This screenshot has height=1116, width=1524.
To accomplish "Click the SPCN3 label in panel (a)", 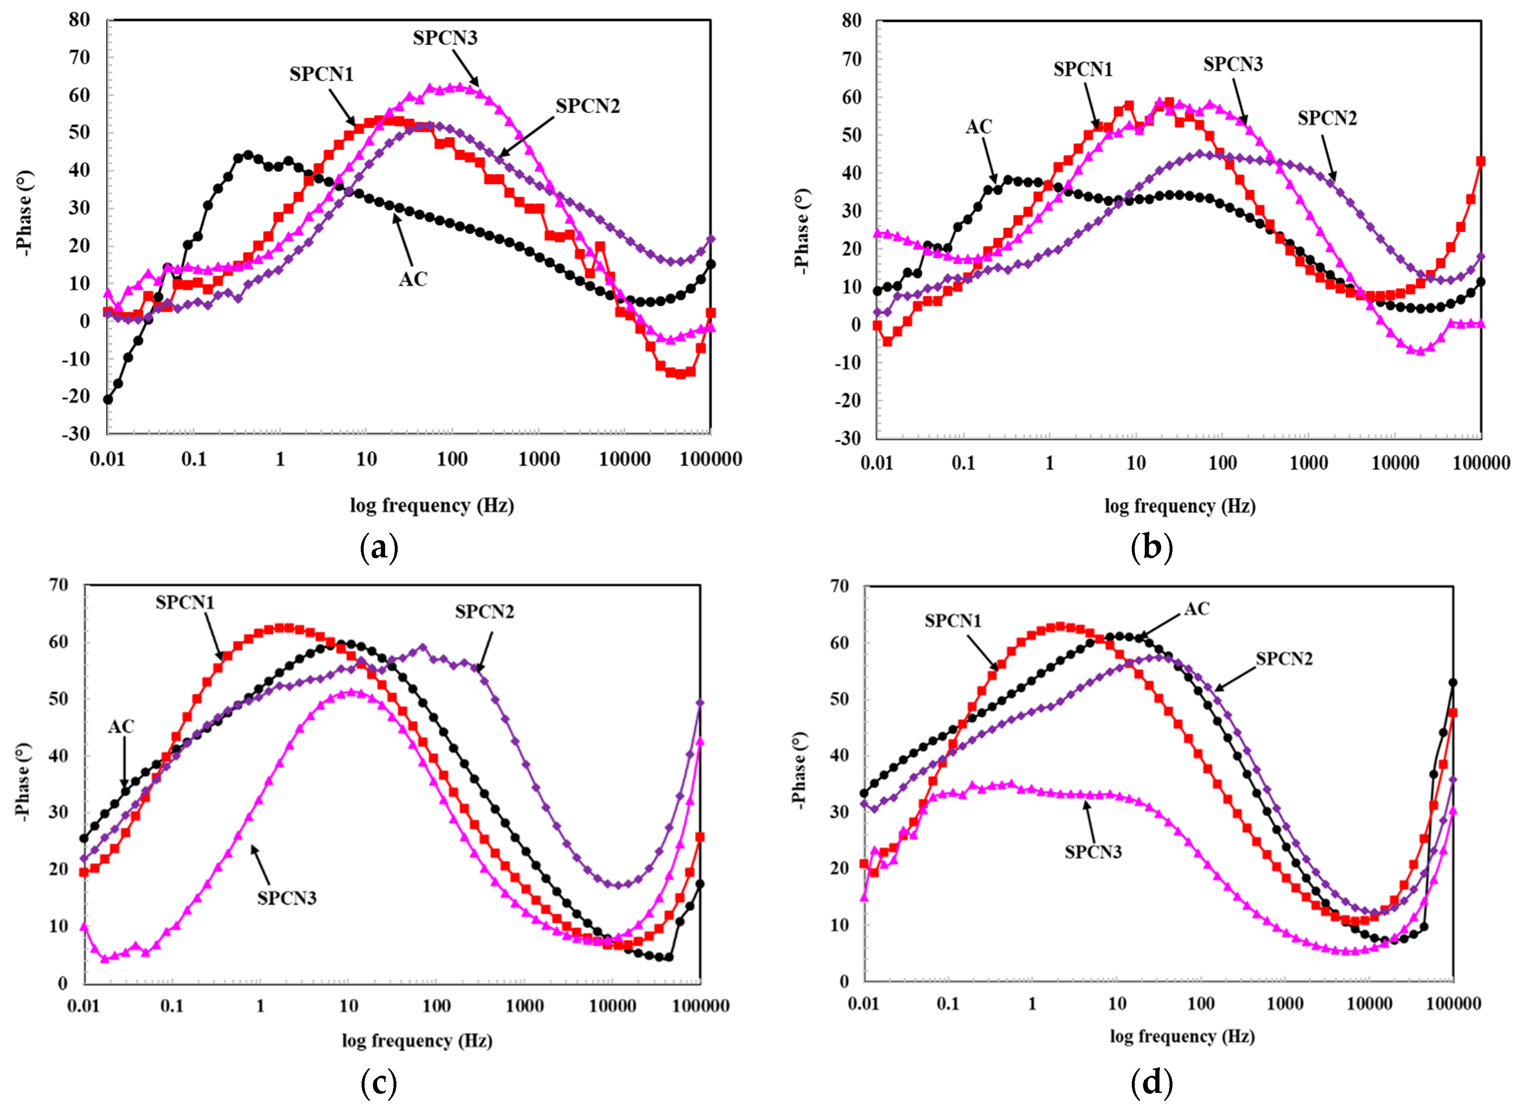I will (445, 38).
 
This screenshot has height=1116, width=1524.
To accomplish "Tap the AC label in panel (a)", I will (413, 279).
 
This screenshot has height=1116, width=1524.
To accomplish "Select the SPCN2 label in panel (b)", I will (1327, 118).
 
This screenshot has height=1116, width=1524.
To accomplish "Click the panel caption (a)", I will (380, 548).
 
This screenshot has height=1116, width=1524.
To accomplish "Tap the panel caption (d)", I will (1151, 1083).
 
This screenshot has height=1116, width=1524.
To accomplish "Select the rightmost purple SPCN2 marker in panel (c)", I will (700, 703).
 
